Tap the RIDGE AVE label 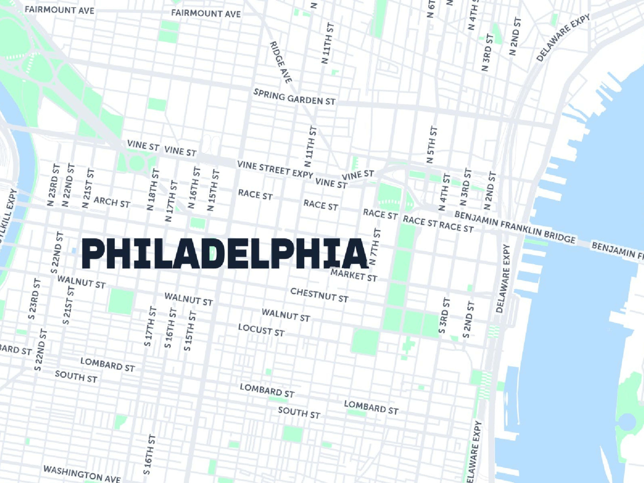281,62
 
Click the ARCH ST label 112,202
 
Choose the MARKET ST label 354,275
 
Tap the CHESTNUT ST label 319,295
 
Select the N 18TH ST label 153,190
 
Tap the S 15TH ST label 190,331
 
